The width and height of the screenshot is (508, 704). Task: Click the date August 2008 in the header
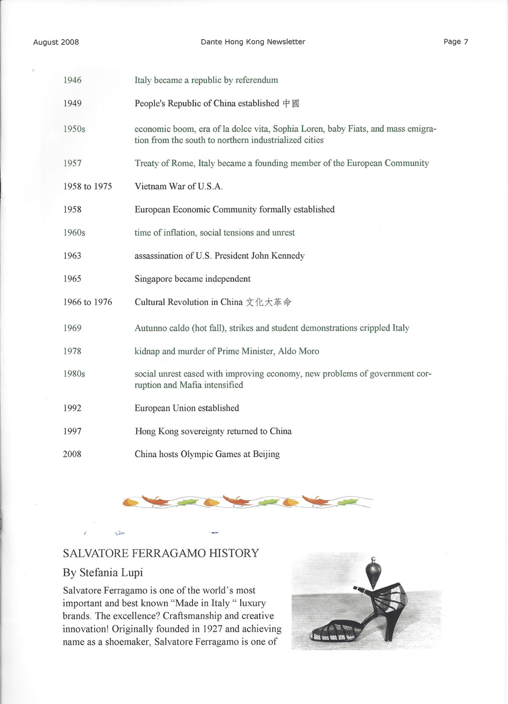56,42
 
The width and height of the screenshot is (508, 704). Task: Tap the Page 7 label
455,42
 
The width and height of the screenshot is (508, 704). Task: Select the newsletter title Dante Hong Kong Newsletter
253,42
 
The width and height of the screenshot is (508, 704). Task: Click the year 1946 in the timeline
72,80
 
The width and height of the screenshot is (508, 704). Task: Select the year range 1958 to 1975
87,186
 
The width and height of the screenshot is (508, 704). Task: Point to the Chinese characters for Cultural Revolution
268,302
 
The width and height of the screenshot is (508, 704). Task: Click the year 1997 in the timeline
72,432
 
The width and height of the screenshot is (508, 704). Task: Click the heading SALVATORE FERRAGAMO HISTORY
161,553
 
